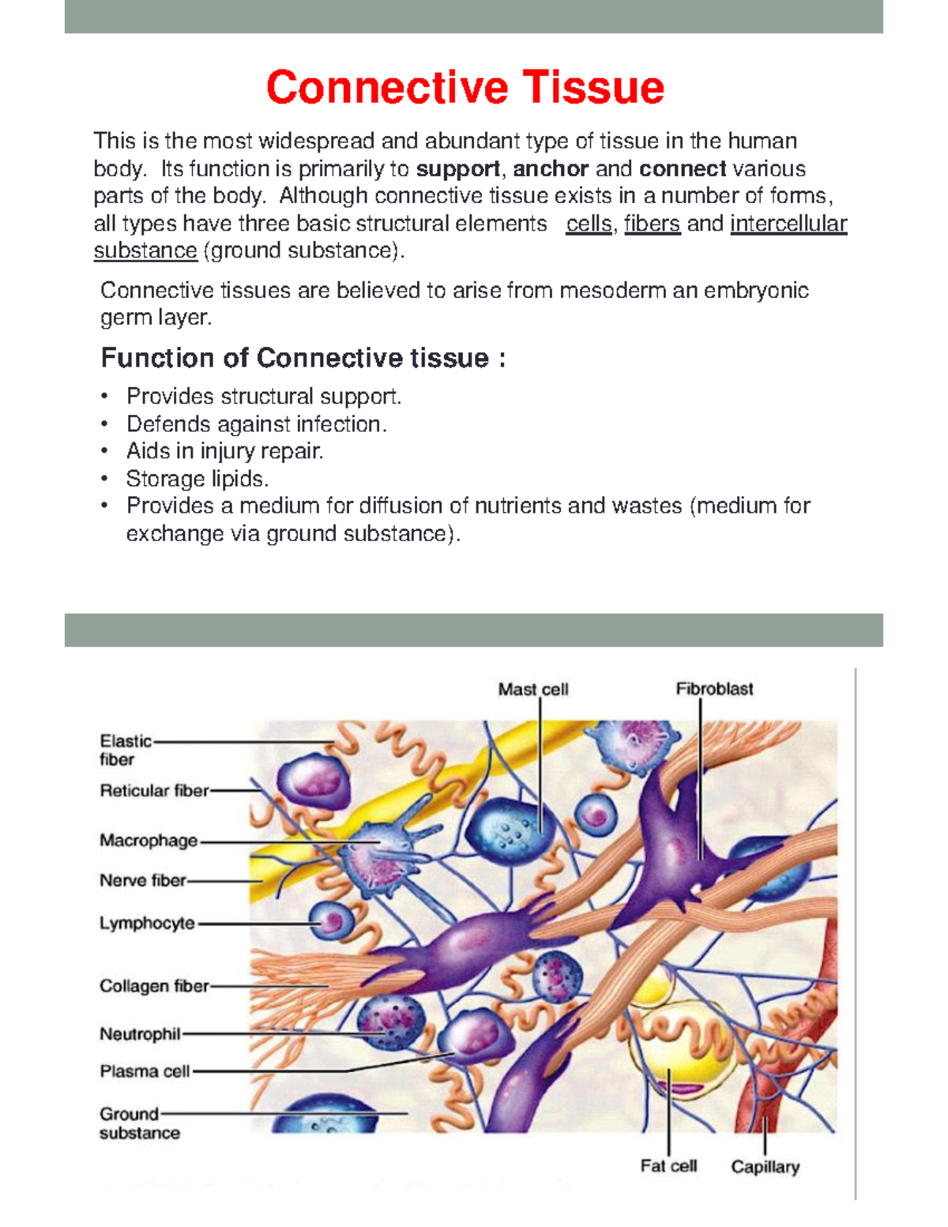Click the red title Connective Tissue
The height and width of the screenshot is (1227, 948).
pos(465,87)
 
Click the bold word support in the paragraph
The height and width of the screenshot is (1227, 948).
pos(458,169)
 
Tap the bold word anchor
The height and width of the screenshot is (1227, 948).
pos(551,169)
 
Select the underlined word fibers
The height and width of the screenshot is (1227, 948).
pos(652,224)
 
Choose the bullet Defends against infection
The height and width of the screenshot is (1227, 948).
pos(257,424)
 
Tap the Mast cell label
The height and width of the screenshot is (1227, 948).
pos(533,690)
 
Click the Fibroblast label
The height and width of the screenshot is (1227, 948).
pos(714,689)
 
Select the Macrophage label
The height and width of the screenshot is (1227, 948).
pos(149,841)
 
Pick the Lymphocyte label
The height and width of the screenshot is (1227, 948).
pos(147,923)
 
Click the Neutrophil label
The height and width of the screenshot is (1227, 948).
pos(140,1033)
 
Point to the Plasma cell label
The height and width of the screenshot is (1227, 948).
pos(145,1071)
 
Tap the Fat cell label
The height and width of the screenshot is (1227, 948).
pos(668,1166)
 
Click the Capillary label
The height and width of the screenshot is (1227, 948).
pos(765,1167)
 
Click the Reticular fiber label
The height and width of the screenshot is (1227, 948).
pos(154,790)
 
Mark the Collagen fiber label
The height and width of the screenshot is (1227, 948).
pos(154,986)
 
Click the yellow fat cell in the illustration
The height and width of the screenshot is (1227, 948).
pos(671,1043)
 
